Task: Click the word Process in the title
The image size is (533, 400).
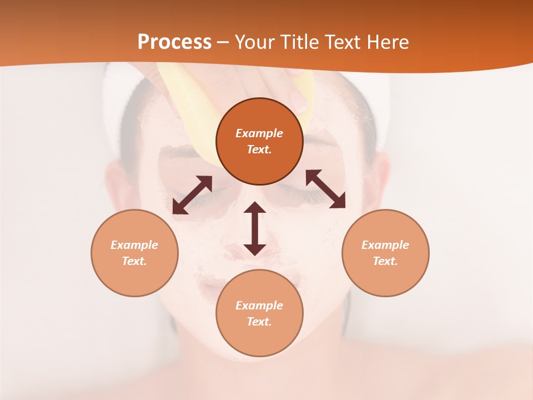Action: click(x=174, y=42)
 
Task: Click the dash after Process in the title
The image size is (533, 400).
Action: click(x=223, y=43)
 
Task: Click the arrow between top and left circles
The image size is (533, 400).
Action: click(x=192, y=195)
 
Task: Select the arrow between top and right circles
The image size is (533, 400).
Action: click(x=325, y=189)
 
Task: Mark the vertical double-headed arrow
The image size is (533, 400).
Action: click(x=255, y=228)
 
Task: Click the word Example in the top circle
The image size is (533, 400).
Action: click(x=259, y=133)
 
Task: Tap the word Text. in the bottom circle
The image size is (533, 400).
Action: click(x=259, y=322)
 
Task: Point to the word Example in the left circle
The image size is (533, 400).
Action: click(x=134, y=245)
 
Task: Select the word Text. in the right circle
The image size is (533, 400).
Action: click(x=385, y=261)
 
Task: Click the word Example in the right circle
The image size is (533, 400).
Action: click(x=385, y=245)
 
